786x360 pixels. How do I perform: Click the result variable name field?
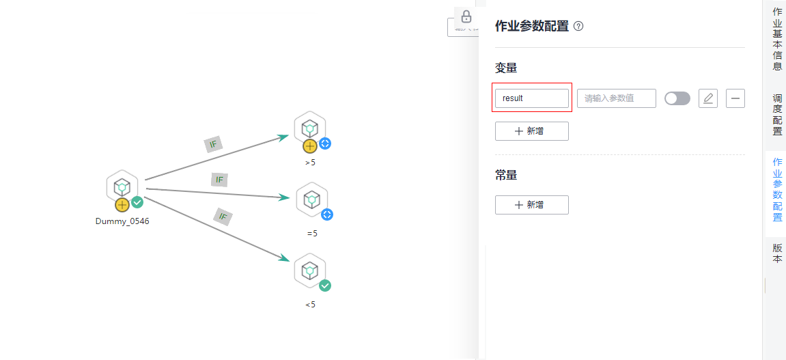(x=531, y=98)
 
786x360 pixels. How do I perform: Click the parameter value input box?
(x=616, y=98)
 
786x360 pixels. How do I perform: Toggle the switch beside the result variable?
(x=677, y=98)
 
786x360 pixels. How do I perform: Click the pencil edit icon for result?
(x=708, y=98)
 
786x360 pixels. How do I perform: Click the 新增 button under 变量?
(x=531, y=131)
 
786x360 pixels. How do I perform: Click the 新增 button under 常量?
(x=531, y=205)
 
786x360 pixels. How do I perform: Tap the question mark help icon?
(x=578, y=27)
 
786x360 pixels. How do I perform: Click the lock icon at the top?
(x=466, y=17)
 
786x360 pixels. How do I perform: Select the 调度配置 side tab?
(x=777, y=114)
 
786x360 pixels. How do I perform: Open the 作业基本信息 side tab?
(x=777, y=40)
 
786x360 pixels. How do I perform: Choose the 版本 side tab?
(x=777, y=253)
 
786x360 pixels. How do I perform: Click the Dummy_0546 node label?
(x=122, y=221)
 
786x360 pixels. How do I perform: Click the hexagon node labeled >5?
(x=310, y=128)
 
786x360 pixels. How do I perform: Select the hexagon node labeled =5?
(x=312, y=199)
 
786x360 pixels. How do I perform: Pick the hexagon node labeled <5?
(x=310, y=269)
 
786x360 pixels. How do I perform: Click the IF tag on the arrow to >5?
(x=213, y=145)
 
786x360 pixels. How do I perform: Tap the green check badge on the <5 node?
(x=325, y=286)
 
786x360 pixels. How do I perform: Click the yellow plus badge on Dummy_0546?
(x=122, y=204)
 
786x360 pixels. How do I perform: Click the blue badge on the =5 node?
(x=327, y=214)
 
